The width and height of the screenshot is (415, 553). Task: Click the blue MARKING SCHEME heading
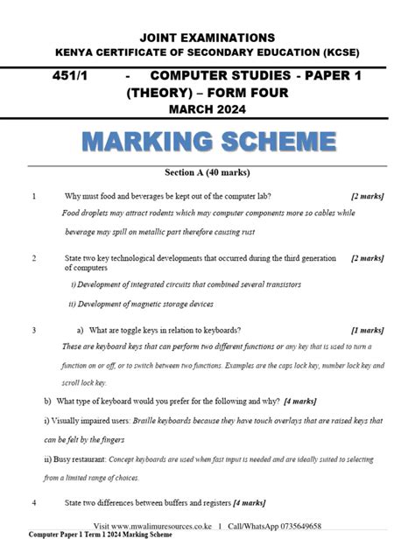pos(208,141)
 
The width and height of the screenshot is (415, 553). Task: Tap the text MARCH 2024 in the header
pos(208,108)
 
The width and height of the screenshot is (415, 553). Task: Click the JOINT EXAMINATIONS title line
pos(208,38)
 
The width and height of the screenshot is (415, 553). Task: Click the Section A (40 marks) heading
pos(207,173)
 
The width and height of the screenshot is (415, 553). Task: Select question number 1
pos(33,196)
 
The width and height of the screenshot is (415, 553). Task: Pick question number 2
pos(33,259)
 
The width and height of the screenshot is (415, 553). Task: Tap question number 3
pos(33,331)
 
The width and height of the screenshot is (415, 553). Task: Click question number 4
pos(33,503)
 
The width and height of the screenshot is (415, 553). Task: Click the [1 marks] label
pos(367,331)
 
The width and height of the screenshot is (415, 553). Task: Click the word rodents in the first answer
pos(172,213)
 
